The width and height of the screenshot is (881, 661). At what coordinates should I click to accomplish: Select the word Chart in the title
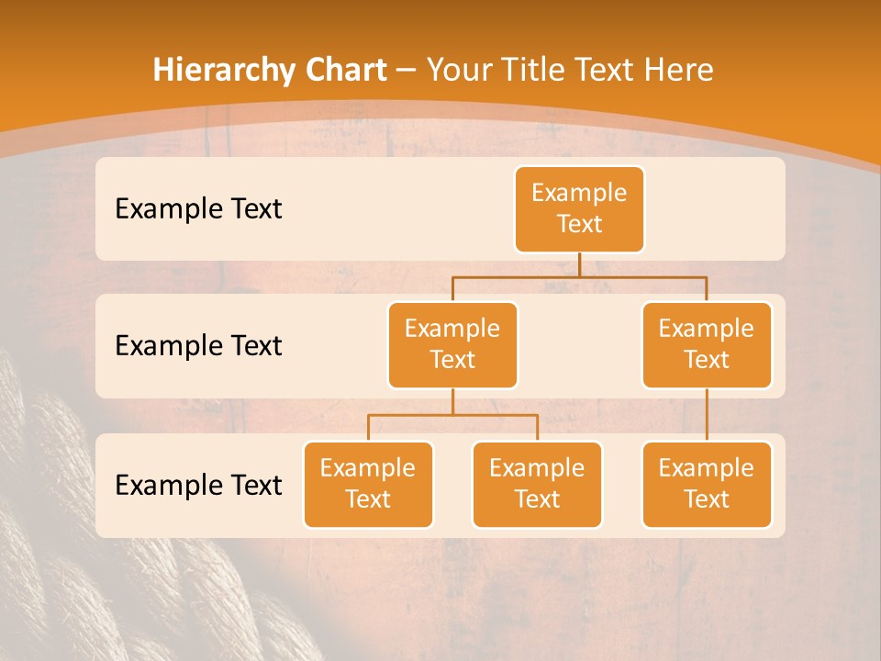344,71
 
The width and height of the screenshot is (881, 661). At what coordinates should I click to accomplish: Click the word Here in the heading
677,71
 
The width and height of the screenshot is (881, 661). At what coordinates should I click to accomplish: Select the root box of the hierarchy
579,209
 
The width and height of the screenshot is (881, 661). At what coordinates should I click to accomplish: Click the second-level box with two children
452,344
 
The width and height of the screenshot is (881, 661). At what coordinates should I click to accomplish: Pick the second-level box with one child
707,344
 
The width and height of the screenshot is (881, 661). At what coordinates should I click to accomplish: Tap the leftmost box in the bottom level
368,484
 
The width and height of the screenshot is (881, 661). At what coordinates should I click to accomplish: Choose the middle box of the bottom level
537,484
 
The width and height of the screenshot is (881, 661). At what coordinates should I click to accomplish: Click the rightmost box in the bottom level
707,484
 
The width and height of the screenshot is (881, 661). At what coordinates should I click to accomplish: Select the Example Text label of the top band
198,209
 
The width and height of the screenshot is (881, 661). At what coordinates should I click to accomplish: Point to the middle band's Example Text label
198,346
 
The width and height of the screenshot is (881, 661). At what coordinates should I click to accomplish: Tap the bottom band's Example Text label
198,486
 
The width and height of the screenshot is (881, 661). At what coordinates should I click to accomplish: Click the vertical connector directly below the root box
579,264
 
